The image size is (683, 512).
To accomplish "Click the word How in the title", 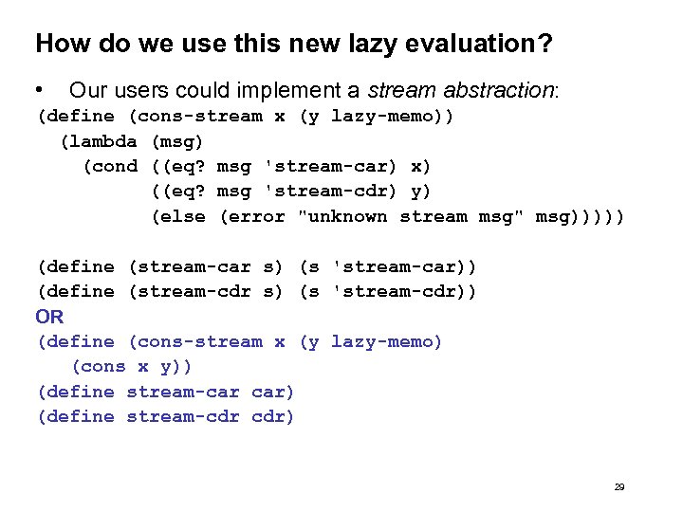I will [x=58, y=44].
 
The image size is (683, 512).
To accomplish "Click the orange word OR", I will [x=49, y=317].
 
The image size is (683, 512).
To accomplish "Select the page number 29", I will [x=618, y=486].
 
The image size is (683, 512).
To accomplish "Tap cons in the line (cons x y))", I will [x=103, y=367].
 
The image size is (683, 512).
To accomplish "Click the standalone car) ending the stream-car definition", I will [x=273, y=392].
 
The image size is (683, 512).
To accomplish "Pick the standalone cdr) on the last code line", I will [x=273, y=417].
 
